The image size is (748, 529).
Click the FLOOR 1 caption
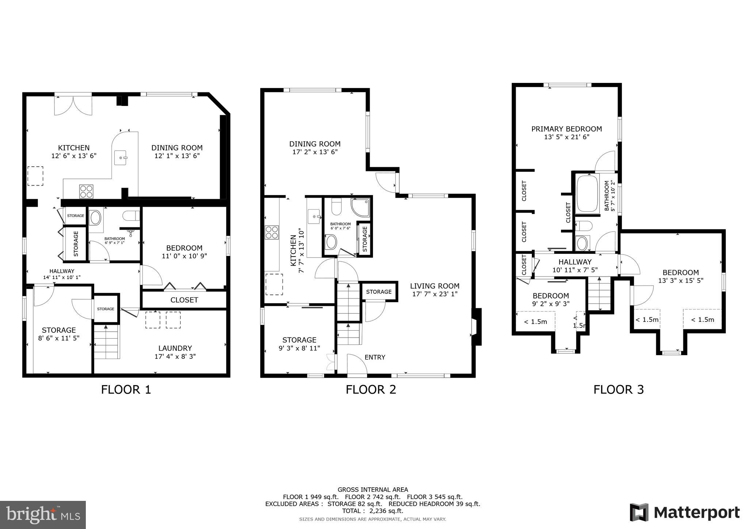pos(126,389)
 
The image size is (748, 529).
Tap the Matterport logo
pos(685,513)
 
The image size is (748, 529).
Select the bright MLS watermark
pos(43,515)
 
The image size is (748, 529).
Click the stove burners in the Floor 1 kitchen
pos(86,191)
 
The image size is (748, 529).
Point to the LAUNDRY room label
pos(175,348)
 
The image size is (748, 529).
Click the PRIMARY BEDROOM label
pos(566,129)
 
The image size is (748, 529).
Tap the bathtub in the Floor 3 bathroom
pos(587,194)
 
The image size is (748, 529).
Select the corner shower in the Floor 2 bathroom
pos(360,208)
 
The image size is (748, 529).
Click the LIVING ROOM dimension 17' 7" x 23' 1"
pos(435,294)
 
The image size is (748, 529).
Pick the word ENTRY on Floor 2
pos(375,357)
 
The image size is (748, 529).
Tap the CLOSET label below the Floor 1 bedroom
pos(184,300)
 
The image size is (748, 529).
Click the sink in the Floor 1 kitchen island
pos(120,158)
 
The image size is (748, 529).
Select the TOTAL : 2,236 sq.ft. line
pos(373,511)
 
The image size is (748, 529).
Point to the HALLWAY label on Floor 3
pos(575,262)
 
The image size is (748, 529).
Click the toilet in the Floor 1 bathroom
pos(131,216)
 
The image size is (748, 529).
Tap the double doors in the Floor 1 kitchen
pos(73,105)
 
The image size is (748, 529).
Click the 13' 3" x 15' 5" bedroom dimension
pos(680,281)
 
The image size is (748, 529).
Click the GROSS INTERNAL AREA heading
pos(373,490)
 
